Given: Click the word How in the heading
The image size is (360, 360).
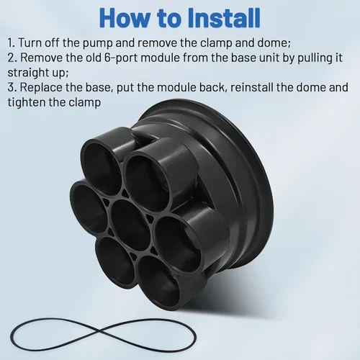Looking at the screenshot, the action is click(x=125, y=18).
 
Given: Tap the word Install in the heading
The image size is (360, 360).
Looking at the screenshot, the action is click(x=224, y=18).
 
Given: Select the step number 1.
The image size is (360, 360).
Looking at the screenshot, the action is click(x=11, y=43).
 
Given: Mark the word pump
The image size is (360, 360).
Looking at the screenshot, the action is click(x=98, y=44).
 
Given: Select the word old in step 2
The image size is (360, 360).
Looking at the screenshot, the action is click(x=94, y=58).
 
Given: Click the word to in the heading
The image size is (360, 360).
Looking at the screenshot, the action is click(x=169, y=19).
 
